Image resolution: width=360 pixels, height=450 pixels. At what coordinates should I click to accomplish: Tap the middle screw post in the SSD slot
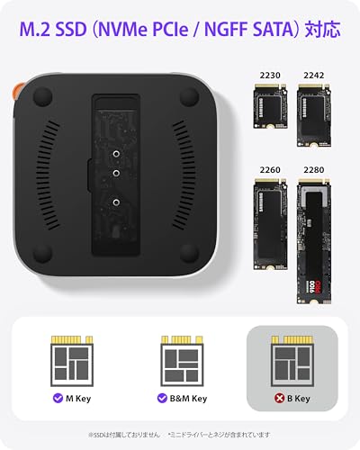pyautogui.click(x=116, y=167)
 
